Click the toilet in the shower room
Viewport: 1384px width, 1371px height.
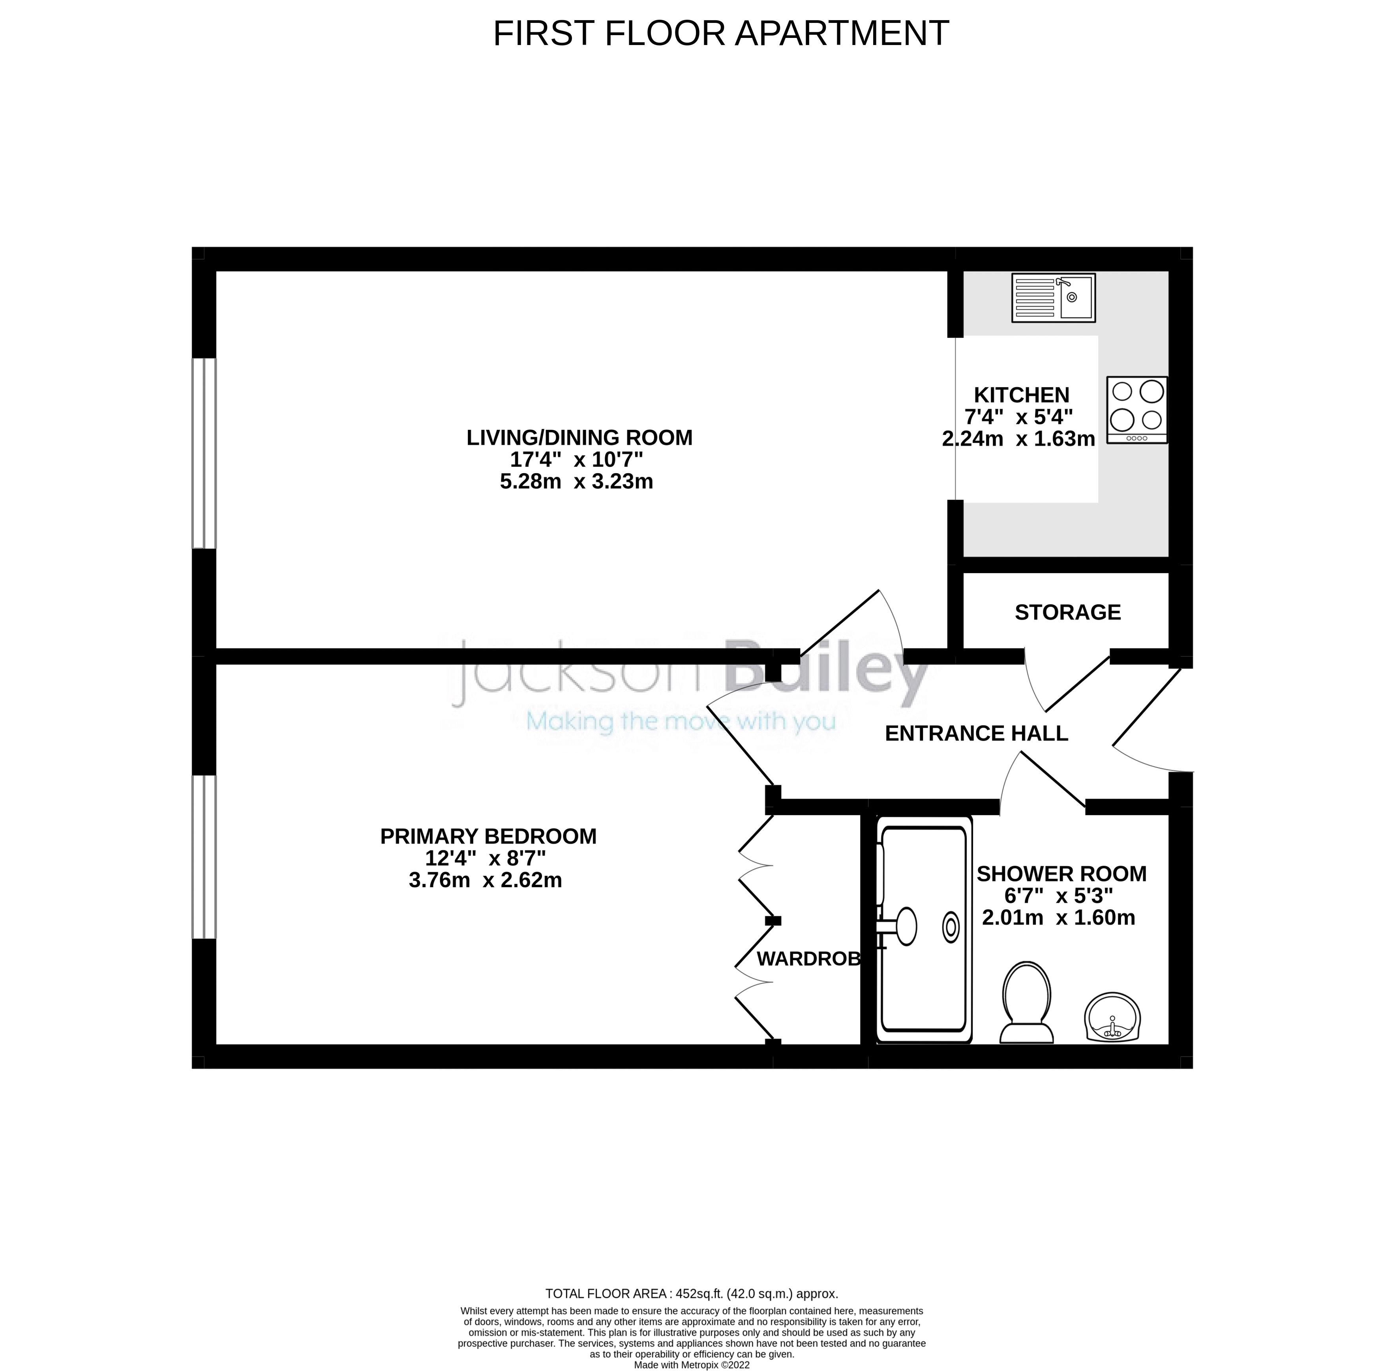1026,1003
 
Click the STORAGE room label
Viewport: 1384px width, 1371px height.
1067,612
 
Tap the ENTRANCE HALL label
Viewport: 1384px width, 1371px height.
976,733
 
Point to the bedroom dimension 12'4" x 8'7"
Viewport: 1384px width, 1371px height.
485,858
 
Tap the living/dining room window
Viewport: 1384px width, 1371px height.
204,453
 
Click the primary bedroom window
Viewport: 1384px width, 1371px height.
204,856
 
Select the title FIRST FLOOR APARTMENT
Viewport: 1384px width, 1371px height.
721,33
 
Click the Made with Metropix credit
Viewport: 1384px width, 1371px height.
691,1365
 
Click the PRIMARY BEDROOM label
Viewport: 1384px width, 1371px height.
488,836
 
